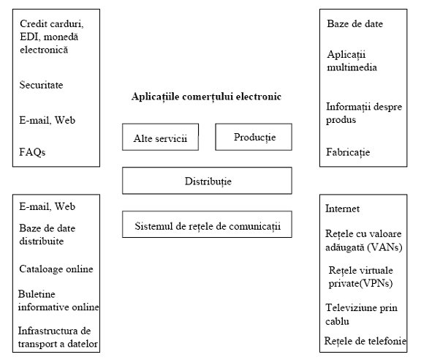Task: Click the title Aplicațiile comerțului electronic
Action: (x=206, y=97)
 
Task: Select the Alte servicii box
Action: (x=160, y=137)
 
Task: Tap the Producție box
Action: (x=254, y=137)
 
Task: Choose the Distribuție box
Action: (x=207, y=181)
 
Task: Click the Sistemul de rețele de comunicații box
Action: (x=207, y=224)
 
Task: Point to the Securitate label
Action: (x=41, y=85)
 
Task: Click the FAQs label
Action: (x=32, y=152)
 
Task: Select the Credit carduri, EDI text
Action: (x=52, y=30)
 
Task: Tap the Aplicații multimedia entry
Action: (x=352, y=61)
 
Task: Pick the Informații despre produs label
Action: (x=364, y=113)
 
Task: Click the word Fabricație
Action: (x=348, y=152)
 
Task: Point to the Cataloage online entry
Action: (x=56, y=269)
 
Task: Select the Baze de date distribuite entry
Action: (x=48, y=234)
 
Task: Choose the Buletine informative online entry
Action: (x=58, y=300)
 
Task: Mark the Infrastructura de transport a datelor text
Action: (x=58, y=337)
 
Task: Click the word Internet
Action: (x=342, y=209)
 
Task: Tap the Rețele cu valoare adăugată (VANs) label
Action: (x=364, y=240)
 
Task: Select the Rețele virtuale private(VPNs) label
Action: (x=360, y=277)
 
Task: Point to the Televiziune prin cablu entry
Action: (x=361, y=315)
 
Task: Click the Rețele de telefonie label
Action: (x=365, y=341)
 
